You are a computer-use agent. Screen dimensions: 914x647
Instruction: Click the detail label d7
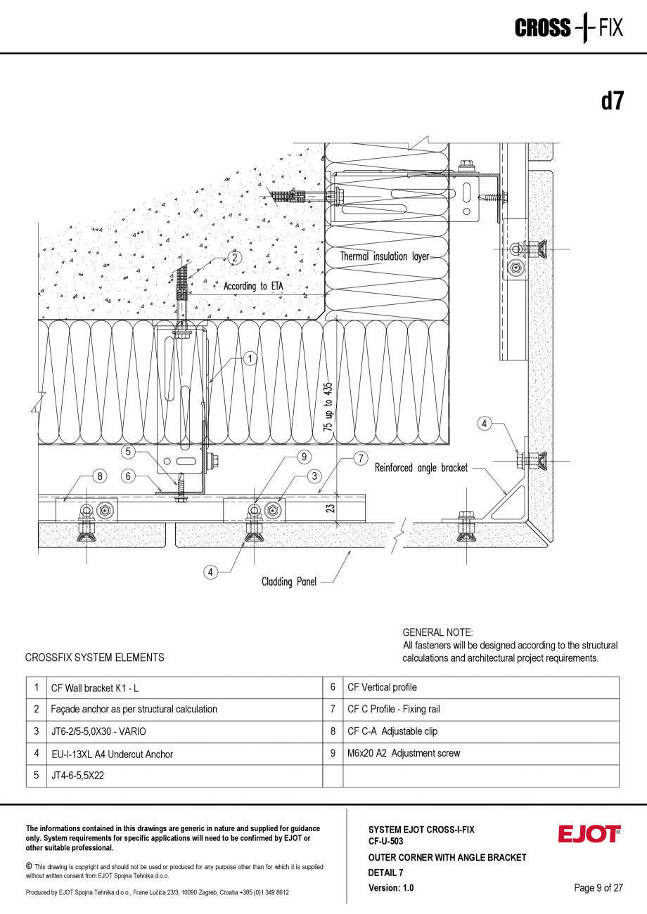(611, 101)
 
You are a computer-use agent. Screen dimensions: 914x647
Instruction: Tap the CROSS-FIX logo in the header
(568, 28)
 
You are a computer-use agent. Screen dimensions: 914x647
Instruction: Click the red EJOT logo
(589, 834)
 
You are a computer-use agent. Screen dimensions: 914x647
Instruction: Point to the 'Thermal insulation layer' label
(384, 256)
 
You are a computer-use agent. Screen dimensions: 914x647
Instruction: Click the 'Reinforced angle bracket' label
(421, 468)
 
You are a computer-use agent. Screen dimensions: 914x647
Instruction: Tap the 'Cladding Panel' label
(289, 582)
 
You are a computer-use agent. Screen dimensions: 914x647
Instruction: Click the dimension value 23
(331, 507)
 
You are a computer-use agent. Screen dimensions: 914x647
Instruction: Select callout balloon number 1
(250, 358)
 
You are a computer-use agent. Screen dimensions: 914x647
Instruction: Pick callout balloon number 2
(234, 258)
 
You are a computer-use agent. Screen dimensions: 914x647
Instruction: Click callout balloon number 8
(100, 476)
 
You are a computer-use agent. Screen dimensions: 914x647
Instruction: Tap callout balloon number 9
(304, 457)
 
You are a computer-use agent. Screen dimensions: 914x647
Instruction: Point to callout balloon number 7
(359, 459)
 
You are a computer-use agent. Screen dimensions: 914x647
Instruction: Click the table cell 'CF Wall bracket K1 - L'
(95, 688)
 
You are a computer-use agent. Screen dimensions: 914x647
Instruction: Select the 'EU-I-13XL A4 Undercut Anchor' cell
(112, 754)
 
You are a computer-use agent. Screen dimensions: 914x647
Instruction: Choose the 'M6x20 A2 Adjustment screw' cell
(404, 753)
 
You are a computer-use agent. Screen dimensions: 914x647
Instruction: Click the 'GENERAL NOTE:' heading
(437, 632)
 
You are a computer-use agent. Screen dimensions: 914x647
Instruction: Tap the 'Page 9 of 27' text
(598, 887)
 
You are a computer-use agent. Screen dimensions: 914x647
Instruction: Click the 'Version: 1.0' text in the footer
(391, 887)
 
